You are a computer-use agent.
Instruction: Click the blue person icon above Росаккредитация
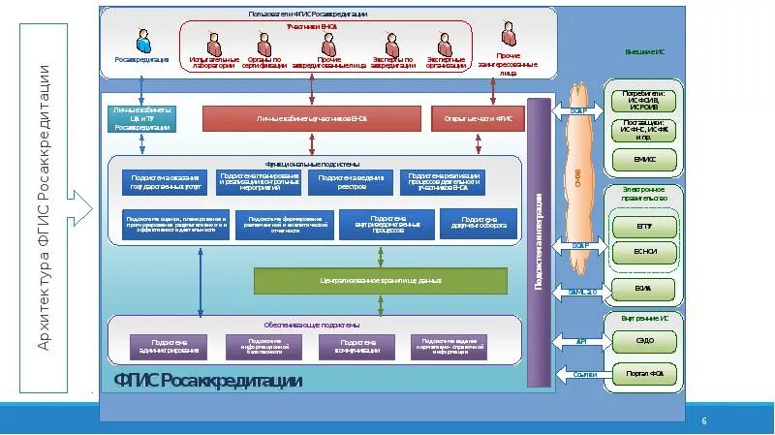click(143, 40)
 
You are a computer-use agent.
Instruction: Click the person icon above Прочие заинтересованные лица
click(509, 35)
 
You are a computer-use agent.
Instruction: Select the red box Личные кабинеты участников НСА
click(312, 118)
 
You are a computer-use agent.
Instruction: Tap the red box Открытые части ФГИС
click(478, 118)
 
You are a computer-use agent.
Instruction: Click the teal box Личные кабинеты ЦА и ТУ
click(141, 118)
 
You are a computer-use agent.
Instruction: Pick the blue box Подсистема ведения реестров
click(346, 181)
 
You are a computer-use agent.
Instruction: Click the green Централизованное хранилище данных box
click(381, 280)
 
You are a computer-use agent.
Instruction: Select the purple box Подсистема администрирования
click(170, 346)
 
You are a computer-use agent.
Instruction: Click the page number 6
click(704, 420)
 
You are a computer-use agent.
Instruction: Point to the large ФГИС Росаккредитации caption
click(208, 381)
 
